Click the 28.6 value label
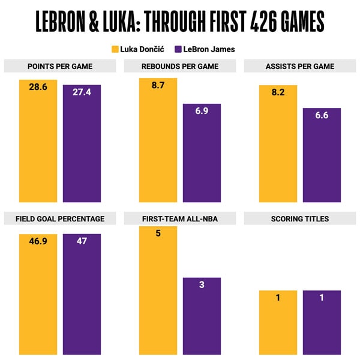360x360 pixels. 38,87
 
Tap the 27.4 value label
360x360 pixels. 82,92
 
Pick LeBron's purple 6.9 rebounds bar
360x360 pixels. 202,156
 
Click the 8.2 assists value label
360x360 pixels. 278,92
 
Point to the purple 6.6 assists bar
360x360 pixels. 322,159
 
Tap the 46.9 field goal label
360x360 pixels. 38,241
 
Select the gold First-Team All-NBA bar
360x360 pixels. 158,294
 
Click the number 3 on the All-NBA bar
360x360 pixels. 202,284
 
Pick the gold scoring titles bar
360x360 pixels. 278,324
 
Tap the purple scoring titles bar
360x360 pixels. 322,324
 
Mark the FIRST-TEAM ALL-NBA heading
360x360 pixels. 181,219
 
